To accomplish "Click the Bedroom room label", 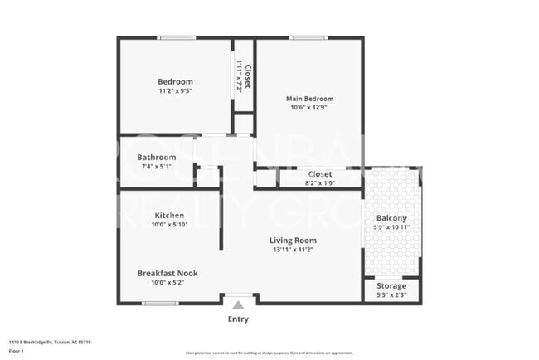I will click(175, 81).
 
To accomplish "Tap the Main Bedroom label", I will click(309, 98).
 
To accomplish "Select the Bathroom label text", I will click(156, 157).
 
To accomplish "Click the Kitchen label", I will click(169, 215).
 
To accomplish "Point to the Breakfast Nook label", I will click(167, 273).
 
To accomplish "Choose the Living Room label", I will click(293, 241).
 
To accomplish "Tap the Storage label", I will click(391, 285).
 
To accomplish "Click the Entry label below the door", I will click(237, 319).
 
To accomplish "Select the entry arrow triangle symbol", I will click(237, 305).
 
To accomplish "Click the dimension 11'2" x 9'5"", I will click(175, 92).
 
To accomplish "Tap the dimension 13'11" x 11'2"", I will click(293, 251).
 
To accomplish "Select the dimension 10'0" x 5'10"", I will click(168, 225).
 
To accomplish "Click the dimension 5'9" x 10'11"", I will click(391, 227).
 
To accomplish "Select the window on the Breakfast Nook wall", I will click(161, 303).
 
